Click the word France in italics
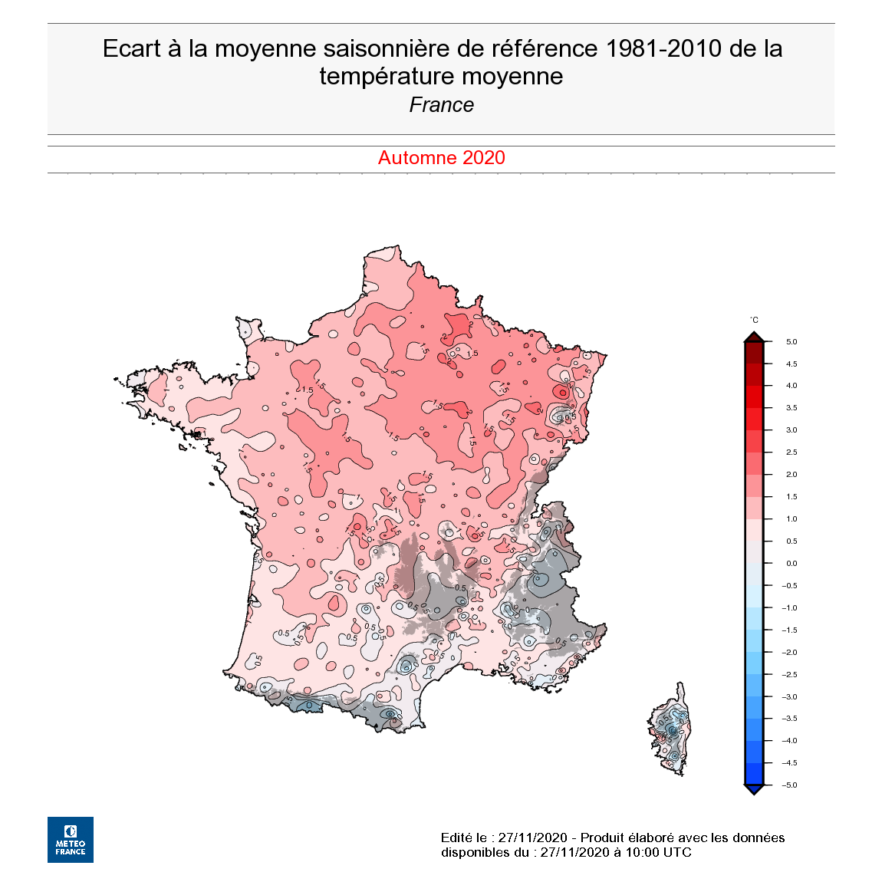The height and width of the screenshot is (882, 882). (x=441, y=105)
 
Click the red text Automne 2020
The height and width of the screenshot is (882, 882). (x=441, y=158)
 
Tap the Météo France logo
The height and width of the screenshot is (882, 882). (x=71, y=839)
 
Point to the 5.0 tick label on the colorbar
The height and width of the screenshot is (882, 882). (x=791, y=342)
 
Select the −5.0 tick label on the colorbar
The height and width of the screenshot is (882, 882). (x=789, y=785)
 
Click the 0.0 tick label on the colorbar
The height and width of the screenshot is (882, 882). (x=791, y=564)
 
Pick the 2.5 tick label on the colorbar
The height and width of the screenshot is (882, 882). (x=791, y=453)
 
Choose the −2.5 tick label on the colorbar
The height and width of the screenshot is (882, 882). (x=789, y=675)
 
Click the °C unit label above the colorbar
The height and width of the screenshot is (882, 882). (x=754, y=320)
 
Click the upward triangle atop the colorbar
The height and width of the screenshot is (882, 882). (x=754, y=337)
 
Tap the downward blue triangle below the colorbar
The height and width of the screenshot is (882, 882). (x=754, y=789)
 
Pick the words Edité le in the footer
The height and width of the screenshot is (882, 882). (x=465, y=838)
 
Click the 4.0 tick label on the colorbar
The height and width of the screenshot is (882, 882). (x=791, y=386)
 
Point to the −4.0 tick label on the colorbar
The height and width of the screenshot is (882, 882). (x=789, y=741)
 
